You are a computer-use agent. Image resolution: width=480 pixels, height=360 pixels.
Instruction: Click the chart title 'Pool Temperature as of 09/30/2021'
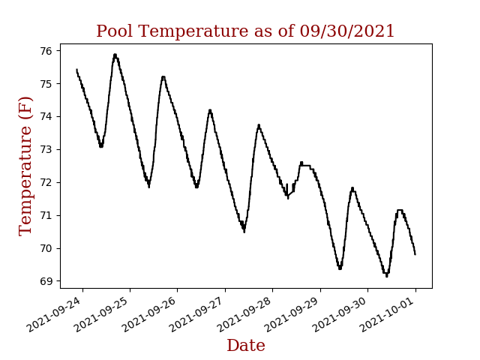(245, 31)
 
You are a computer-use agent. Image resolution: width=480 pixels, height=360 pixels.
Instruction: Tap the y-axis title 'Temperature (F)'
(26, 166)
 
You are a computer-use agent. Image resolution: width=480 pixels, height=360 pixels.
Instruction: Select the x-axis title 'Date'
(245, 346)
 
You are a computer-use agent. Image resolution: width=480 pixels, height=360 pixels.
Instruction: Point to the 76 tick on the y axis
(46, 51)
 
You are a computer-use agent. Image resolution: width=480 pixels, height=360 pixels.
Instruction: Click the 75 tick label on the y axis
(46, 84)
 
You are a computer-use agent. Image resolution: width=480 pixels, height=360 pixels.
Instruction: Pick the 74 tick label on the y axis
(46, 116)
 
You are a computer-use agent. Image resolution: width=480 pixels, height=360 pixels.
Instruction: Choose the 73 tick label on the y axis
(46, 149)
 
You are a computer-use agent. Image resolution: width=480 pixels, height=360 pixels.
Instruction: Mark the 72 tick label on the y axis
(46, 182)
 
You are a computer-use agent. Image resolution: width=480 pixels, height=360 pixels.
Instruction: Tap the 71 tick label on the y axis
(46, 215)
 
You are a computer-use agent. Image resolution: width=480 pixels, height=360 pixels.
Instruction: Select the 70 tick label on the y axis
(46, 248)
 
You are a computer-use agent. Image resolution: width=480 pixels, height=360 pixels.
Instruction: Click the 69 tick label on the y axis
(46, 281)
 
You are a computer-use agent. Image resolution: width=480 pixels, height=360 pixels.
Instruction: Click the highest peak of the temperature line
(115, 55)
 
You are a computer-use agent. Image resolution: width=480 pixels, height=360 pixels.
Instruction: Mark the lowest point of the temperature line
(387, 276)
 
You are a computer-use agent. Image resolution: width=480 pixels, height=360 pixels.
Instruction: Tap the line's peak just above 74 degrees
(210, 110)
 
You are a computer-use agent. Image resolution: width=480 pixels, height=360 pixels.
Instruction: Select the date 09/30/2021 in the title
(347, 31)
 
